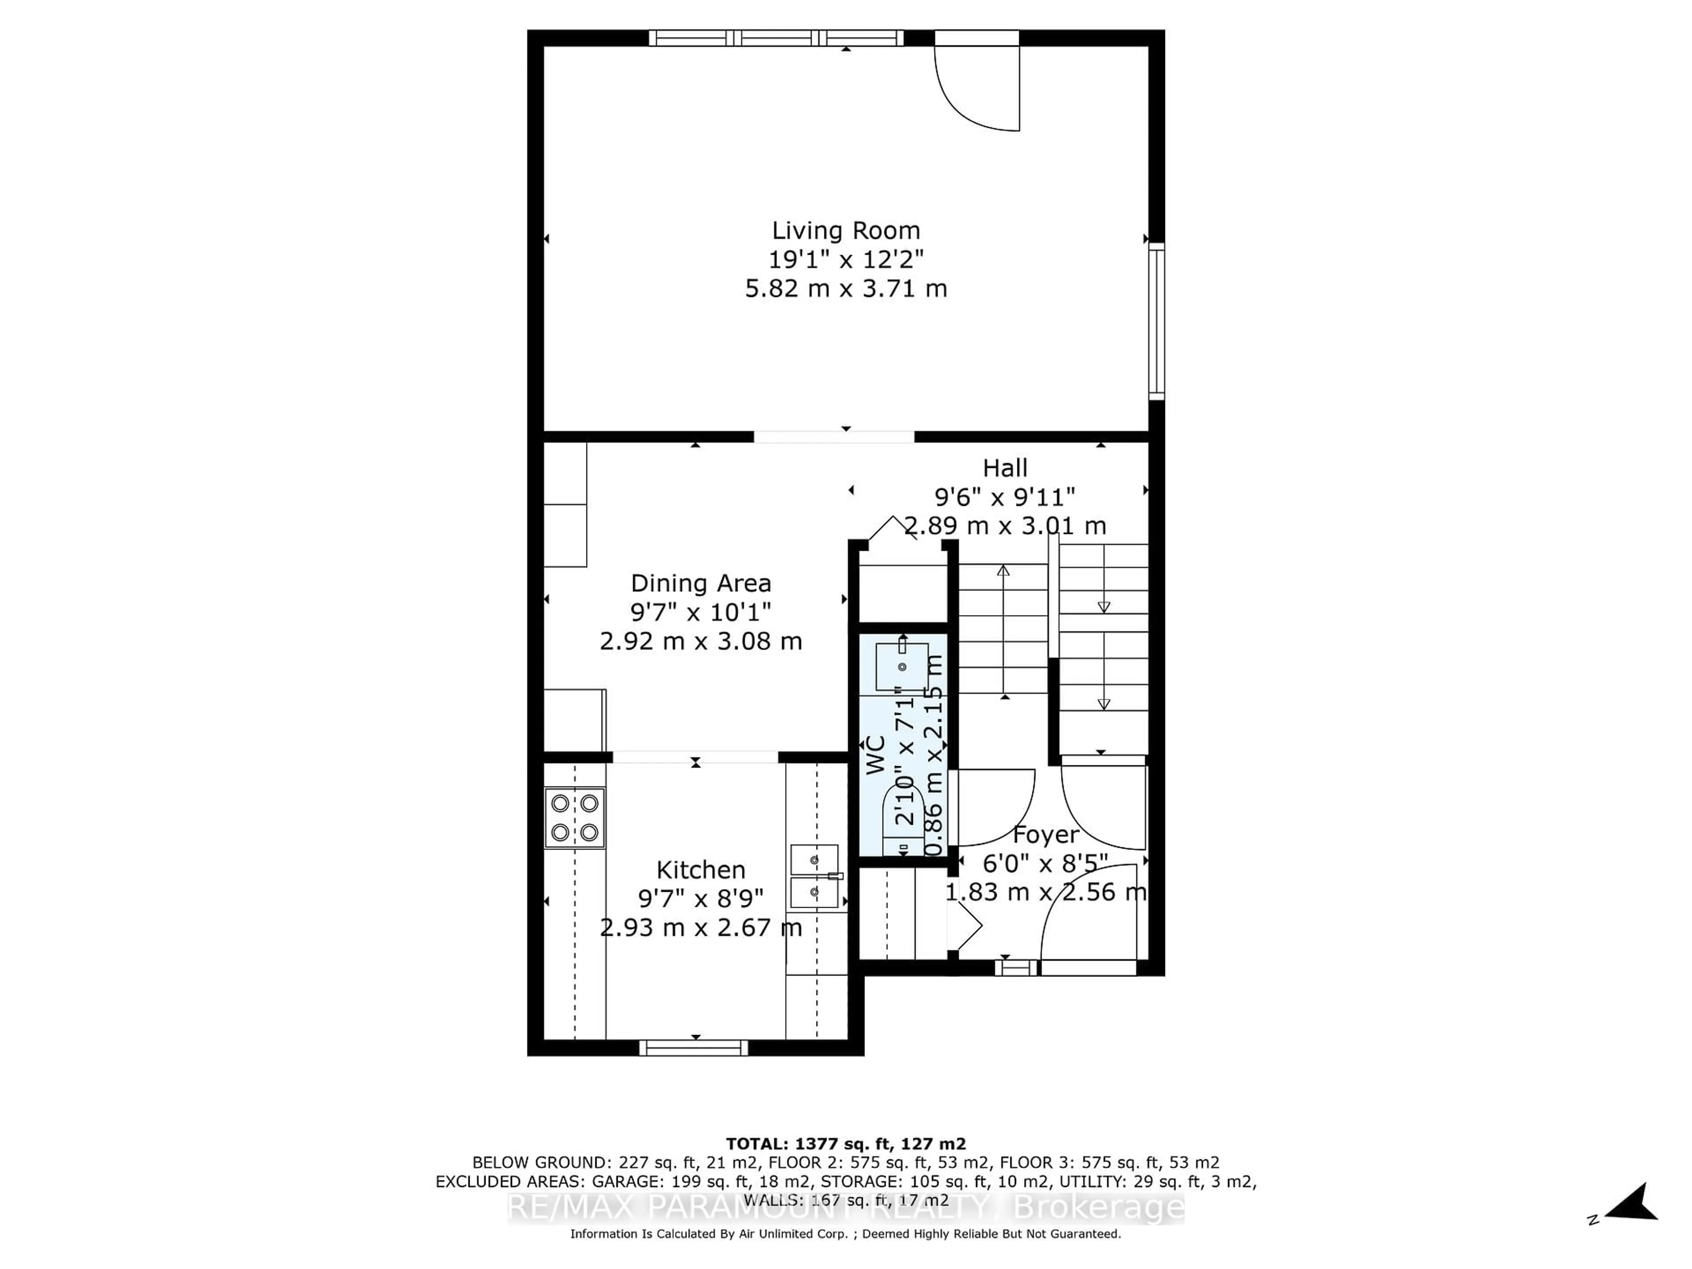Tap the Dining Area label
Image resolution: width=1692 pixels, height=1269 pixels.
[701, 584]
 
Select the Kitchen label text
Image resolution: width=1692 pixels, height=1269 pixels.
[701, 870]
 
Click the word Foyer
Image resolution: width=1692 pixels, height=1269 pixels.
[1046, 835]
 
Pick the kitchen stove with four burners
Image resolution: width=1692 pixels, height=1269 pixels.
[575, 818]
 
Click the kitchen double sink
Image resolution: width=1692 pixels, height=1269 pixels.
[815, 876]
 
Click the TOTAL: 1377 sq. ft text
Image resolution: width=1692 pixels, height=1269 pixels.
[845, 1143]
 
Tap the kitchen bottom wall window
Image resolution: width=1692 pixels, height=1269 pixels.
[694, 1048]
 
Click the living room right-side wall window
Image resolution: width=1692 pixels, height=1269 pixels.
[1157, 321]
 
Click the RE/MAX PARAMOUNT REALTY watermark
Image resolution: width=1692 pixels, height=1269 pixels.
[845, 1207]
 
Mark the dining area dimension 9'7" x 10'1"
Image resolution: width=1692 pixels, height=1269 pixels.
[701, 612]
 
